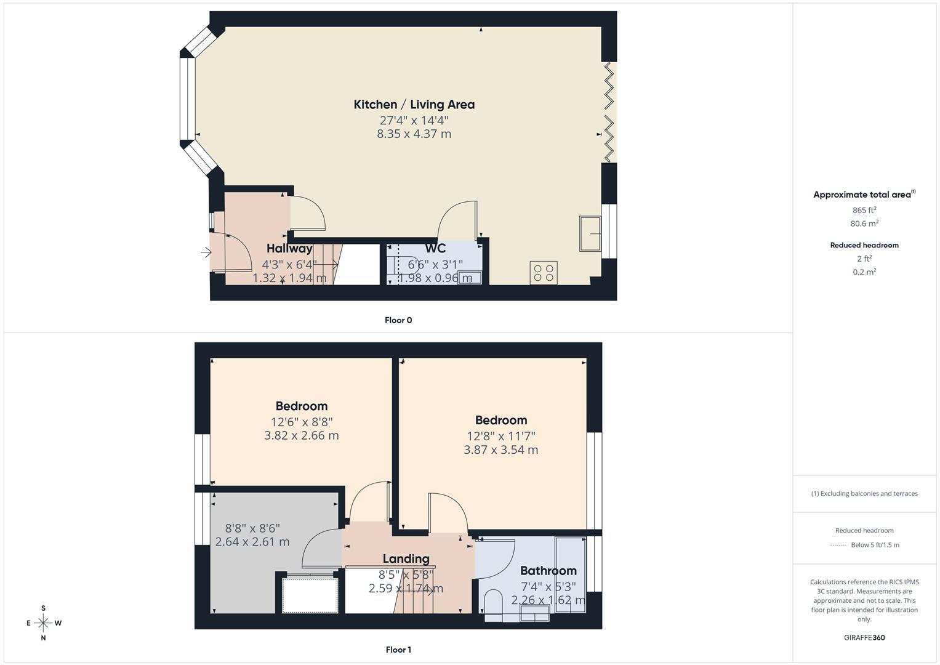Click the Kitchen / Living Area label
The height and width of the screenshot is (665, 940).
click(414, 105)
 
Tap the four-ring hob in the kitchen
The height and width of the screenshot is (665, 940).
click(544, 272)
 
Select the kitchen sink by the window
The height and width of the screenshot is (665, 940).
click(590, 233)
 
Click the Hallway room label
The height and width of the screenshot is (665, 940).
click(289, 249)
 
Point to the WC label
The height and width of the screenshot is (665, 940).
click(435, 249)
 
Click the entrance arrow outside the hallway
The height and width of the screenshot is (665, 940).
click(206, 252)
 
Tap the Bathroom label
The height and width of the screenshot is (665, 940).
click(548, 571)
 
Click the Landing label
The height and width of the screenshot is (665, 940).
click(406, 558)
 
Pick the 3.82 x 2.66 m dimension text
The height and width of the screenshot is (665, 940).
click(301, 435)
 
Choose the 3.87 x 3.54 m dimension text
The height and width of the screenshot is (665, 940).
click(500, 449)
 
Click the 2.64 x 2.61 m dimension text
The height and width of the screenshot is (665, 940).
click(252, 542)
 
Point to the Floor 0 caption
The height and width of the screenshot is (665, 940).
click(398, 320)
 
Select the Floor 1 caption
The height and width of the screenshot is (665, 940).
click(398, 650)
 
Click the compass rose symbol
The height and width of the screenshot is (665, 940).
click(43, 623)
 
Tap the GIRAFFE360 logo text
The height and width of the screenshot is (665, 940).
click(864, 637)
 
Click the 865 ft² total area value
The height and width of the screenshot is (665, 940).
click(864, 210)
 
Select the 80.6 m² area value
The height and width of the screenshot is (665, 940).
click(864, 224)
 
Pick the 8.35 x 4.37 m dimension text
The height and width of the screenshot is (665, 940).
click(414, 134)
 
